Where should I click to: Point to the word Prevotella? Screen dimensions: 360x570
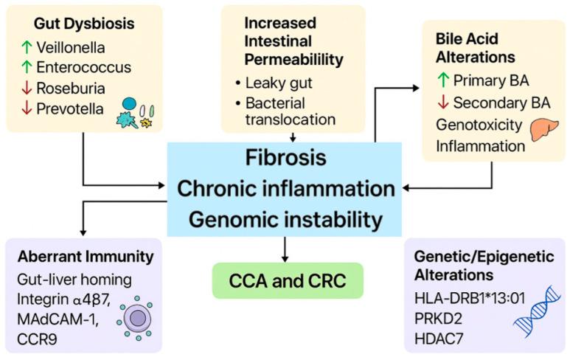pos(69,109)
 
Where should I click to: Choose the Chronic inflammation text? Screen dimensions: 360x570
pos(285,189)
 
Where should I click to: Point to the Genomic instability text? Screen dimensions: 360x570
pos(285,218)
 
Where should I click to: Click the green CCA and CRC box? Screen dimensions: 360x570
pos(285,280)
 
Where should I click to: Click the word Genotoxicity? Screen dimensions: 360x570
pos(479,125)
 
